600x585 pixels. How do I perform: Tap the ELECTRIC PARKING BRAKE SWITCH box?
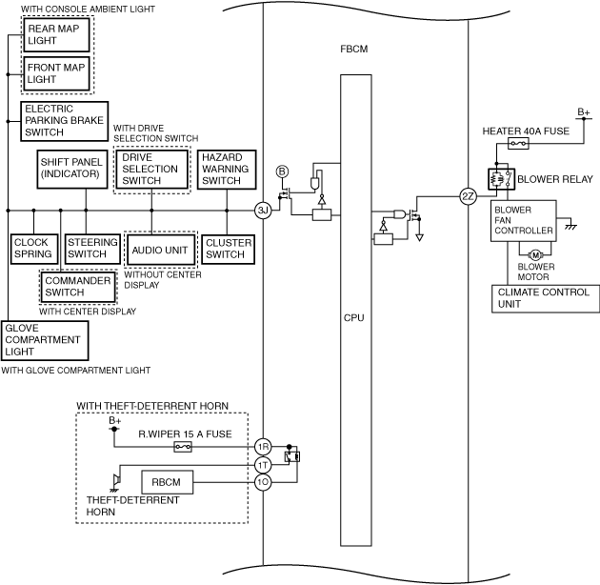[64, 121]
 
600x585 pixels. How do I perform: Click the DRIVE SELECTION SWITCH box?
[151, 169]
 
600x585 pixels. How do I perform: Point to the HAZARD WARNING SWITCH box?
[226, 169]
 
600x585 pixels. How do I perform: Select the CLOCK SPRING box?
[33, 249]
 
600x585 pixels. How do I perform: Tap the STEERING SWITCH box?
[92, 249]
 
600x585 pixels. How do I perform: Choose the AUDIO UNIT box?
[159, 249]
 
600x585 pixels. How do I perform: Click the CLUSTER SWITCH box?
[228, 249]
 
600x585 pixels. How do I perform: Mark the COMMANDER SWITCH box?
[77, 287]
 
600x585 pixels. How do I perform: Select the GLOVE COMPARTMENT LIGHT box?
[45, 339]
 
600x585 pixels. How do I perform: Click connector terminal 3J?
[264, 210]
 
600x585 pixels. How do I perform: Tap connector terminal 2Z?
[467, 196]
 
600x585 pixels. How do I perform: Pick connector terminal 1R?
[263, 446]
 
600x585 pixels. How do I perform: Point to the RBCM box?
[168, 483]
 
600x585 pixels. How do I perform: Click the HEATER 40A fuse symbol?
[519, 144]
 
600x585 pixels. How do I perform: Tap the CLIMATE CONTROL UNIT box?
[546, 298]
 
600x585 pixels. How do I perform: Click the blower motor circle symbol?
[534, 254]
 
